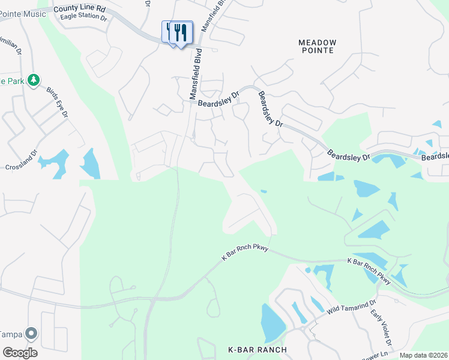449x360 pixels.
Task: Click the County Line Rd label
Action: (x=79, y=9)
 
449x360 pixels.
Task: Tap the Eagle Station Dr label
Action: (x=83, y=17)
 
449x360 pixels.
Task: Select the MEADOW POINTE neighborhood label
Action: (x=318, y=46)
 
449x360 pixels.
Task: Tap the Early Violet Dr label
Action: (x=381, y=328)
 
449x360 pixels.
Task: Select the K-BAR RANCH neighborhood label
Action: (x=258, y=350)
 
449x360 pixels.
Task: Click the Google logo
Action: (x=19, y=352)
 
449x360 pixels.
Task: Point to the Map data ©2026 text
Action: (x=423, y=355)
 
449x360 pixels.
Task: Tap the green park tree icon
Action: (x=34, y=80)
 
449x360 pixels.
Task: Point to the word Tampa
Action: (x=11, y=334)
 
